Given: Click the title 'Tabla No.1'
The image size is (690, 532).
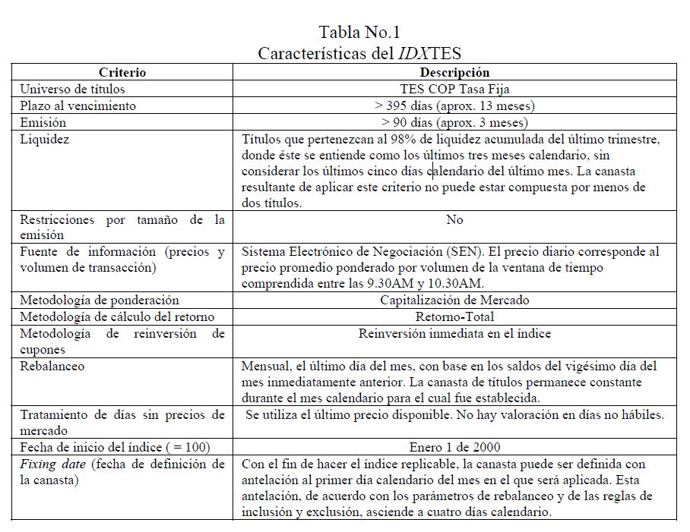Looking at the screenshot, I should point(359,33).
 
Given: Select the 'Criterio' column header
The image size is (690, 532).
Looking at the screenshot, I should point(122,73).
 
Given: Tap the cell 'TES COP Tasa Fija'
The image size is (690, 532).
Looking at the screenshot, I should point(454,90).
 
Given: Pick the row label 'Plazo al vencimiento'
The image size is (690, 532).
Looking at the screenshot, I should point(78,106).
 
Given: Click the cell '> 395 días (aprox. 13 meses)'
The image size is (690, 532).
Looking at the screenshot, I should point(454,106).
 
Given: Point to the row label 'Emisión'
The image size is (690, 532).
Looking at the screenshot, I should point(43,123).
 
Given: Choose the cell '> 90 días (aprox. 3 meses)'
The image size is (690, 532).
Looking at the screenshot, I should point(454,123).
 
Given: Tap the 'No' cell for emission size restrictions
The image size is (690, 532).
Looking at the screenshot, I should point(454,220).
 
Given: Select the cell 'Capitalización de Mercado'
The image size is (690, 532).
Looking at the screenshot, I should point(454,301).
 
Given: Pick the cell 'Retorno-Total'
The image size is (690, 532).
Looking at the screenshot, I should point(454,317).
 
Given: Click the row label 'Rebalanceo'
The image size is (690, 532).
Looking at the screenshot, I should point(52,366).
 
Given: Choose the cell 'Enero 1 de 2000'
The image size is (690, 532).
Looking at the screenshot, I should point(454,447).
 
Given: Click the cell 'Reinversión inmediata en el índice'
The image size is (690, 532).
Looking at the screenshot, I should point(454,334).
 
